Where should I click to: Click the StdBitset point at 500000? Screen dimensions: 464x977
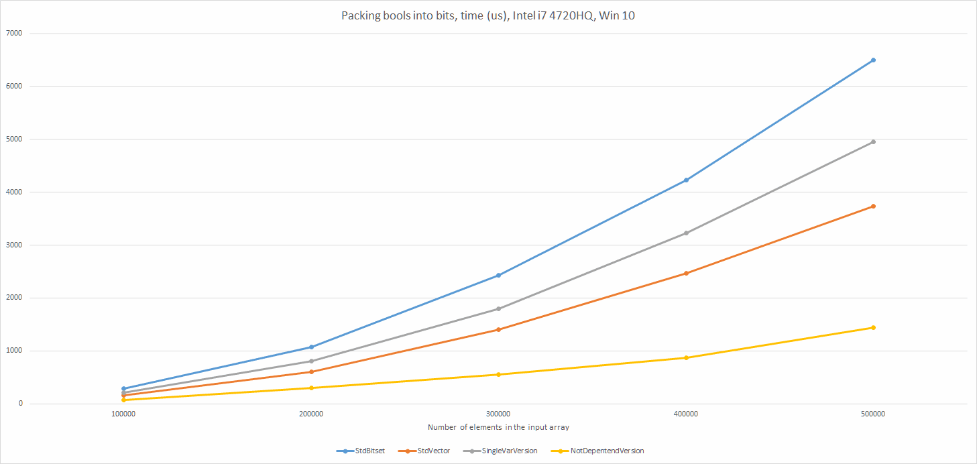(x=873, y=60)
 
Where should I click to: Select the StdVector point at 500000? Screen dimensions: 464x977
(x=873, y=207)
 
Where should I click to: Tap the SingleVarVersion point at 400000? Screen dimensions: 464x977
(x=686, y=233)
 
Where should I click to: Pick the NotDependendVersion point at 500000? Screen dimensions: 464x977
(x=873, y=328)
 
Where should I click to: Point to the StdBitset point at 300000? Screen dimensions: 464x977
(x=498, y=276)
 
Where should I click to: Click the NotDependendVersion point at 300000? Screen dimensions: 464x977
(x=498, y=375)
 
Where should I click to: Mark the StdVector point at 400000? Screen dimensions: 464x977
(x=686, y=274)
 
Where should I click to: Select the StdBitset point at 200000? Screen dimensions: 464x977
(x=311, y=347)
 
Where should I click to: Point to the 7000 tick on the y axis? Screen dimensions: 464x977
(x=13, y=34)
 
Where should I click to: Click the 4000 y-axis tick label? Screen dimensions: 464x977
(x=13, y=192)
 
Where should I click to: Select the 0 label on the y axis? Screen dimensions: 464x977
(x=21, y=404)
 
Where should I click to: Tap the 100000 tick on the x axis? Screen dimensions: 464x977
(x=123, y=414)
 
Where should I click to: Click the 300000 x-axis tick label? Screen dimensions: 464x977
(x=498, y=414)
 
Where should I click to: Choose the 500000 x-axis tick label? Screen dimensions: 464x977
(x=873, y=414)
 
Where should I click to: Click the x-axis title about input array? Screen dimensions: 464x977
(x=498, y=427)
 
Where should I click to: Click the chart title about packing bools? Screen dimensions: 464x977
(x=488, y=16)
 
